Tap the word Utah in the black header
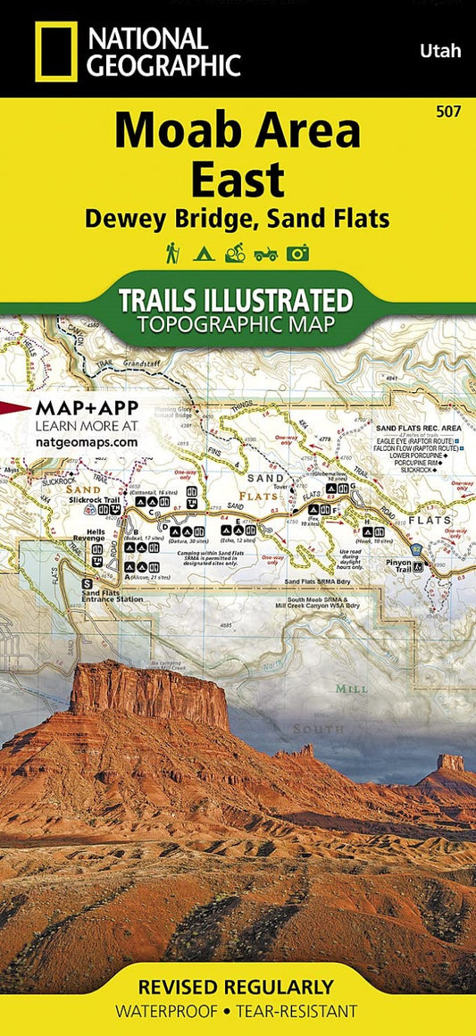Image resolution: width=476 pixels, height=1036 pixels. click(441, 51)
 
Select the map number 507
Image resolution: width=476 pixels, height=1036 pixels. click(450, 111)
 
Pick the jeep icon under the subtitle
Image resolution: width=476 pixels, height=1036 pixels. click(266, 254)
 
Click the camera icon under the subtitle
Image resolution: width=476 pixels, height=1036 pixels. click(298, 254)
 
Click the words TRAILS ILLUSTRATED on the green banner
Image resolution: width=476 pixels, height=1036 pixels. click(236, 299)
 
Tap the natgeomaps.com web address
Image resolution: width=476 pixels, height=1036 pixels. click(87, 441)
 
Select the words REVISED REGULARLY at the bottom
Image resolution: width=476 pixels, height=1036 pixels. click(237, 987)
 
